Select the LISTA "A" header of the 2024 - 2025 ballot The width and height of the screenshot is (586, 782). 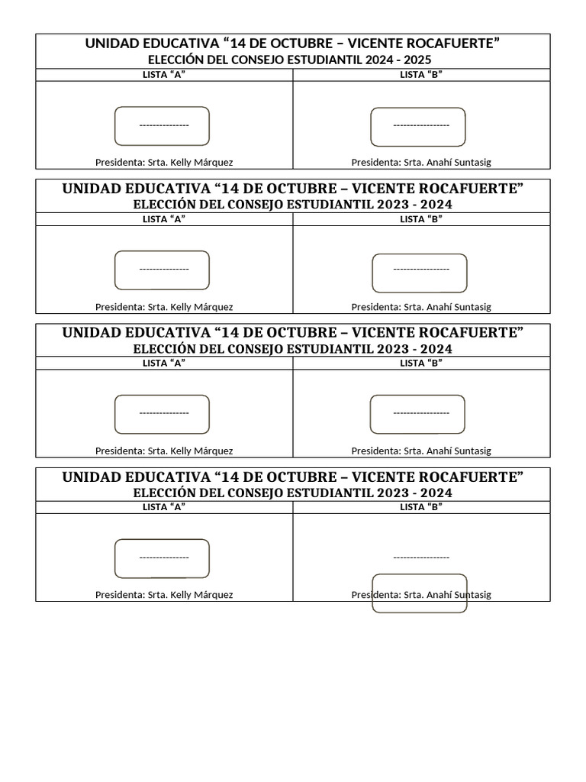tap(164, 74)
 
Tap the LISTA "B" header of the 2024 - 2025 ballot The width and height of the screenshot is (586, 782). tap(421, 74)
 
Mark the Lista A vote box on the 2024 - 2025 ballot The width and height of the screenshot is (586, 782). tap(162, 126)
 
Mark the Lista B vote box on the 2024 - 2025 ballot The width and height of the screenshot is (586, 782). tap(418, 127)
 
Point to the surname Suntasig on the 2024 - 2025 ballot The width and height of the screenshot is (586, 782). tap(471, 163)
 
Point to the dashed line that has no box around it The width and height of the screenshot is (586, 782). tap(421, 557)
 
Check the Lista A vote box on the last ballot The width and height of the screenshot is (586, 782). tap(162, 558)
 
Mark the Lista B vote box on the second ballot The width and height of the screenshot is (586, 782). tap(419, 273)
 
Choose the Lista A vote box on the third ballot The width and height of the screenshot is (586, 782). tap(162, 414)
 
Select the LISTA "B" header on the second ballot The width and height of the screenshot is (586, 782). tap(421, 219)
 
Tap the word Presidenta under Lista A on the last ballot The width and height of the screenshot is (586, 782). tap(119, 595)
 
